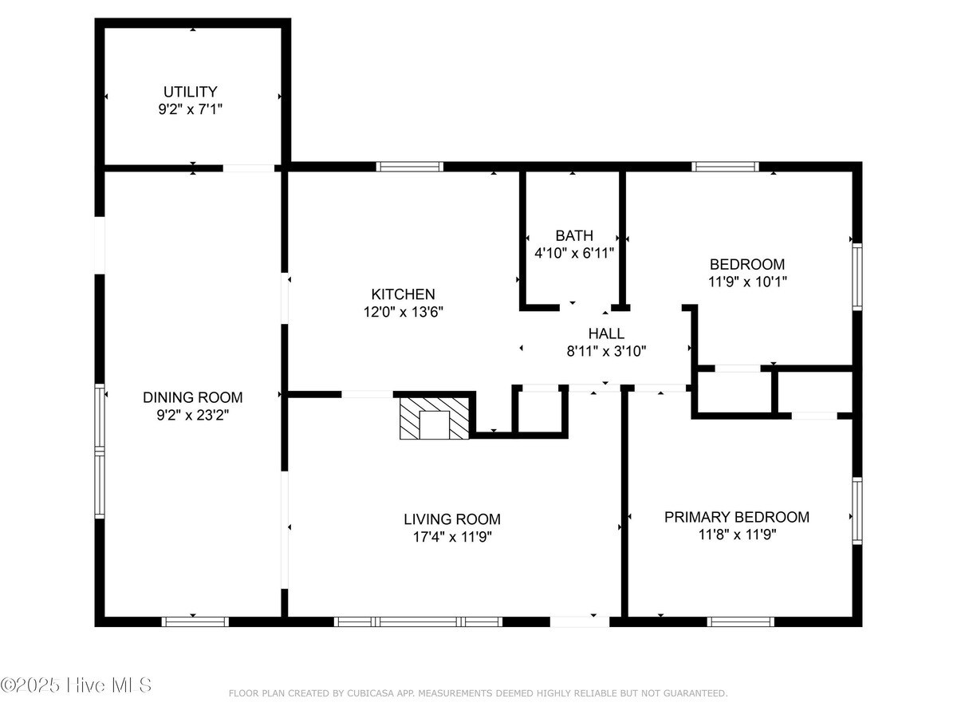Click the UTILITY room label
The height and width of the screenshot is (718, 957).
[x=190, y=92]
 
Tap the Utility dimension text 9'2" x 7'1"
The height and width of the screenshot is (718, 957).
[x=190, y=109]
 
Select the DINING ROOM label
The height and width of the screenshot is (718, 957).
[x=193, y=397]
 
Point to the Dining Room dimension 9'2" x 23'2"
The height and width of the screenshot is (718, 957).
[x=193, y=415]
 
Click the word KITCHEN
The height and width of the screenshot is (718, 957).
[x=403, y=294]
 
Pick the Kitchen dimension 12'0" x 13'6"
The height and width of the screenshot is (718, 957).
[x=404, y=312]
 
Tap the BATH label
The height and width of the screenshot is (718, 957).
[x=574, y=235]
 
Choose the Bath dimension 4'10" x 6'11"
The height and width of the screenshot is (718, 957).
[x=574, y=252]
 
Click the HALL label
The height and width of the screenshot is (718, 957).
[x=606, y=333]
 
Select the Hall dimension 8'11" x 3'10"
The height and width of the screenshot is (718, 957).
[x=606, y=351]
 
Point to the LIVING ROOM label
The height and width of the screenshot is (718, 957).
[x=452, y=519]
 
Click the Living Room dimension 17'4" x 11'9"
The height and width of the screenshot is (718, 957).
[x=452, y=537]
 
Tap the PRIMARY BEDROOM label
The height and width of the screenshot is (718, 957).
[x=737, y=517]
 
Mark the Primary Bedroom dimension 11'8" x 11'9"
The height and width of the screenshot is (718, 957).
[x=737, y=535]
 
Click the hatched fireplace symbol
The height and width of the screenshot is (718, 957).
[x=435, y=418]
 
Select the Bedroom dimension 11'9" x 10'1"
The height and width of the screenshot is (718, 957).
[x=747, y=282]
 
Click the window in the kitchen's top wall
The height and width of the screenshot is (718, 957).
[x=409, y=167]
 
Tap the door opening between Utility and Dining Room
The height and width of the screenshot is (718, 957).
[x=249, y=168]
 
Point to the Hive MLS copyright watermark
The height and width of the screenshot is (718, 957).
[x=76, y=684]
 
